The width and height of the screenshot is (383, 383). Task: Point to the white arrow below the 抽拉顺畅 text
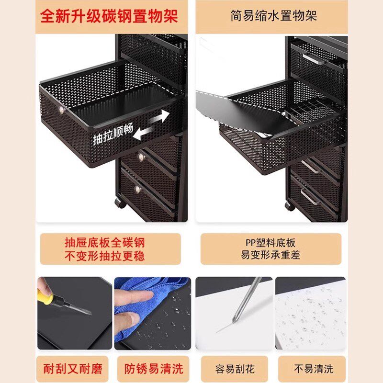(x=143, y=134)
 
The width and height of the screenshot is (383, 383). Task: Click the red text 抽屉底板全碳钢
(x=111, y=242)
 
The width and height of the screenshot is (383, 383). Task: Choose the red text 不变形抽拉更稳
(x=111, y=256)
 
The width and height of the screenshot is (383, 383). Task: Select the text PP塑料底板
(x=270, y=243)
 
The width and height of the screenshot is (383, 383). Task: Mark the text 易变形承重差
(x=270, y=255)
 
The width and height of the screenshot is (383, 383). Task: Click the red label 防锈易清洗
(x=154, y=369)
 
